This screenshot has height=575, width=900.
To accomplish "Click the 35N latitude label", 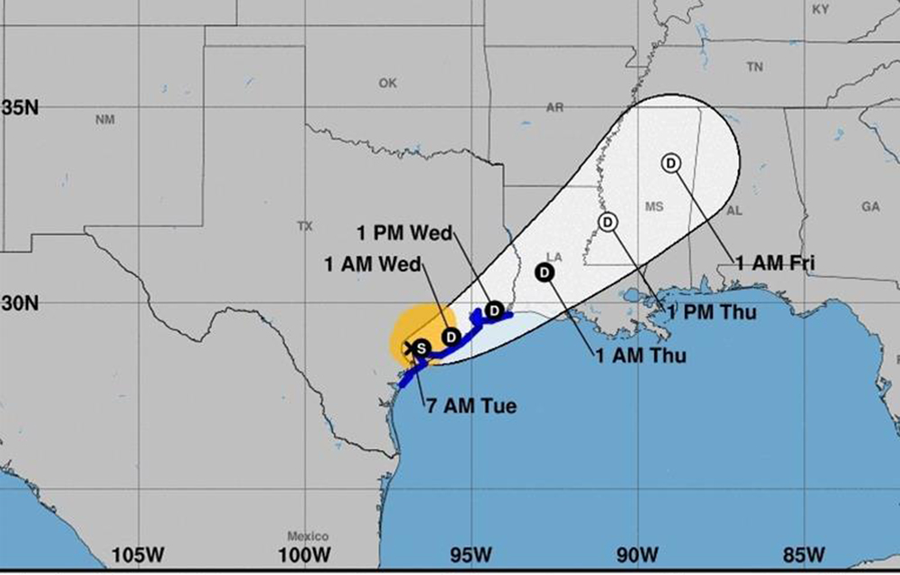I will coord(20,108).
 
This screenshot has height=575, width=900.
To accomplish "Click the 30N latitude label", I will coord(20,303).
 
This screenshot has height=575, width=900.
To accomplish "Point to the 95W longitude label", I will coord(471,553).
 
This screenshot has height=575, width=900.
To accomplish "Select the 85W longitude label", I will coord(804,553).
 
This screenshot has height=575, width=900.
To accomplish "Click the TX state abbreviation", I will coord(304,227).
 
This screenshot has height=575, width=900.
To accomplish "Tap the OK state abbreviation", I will coord(387,84).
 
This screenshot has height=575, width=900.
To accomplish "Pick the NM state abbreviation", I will coord(105,120).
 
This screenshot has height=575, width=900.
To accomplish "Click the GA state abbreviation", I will coord(870,207).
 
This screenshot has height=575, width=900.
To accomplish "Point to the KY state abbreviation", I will coord(820,9).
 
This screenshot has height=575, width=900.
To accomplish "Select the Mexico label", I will coord(308,536).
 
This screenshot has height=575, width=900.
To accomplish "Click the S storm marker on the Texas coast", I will coord(420,347).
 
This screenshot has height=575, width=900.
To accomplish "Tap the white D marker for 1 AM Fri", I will coord(670,163).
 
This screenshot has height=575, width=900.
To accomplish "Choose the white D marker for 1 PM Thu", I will coord(608,221).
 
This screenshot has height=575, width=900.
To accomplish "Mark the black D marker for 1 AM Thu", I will coord(545,273).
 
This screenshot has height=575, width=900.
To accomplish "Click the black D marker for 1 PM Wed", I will coord(494,310).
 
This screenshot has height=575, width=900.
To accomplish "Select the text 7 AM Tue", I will coord(472,406).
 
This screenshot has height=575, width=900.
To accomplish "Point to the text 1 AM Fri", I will coord(775,264).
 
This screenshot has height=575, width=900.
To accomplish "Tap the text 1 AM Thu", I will coord(641,355).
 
